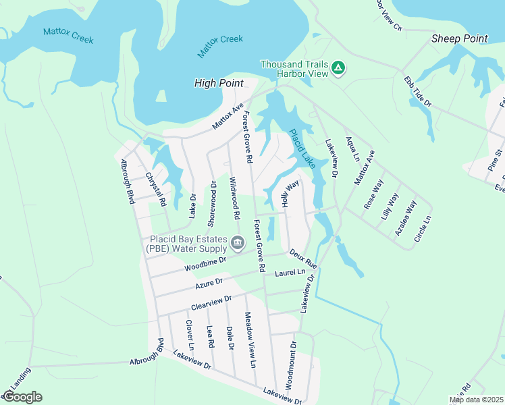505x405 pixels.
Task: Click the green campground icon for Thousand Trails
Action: (x=338, y=67)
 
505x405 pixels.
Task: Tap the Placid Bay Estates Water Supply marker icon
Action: (x=237, y=242)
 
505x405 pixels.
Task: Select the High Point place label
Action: (x=219, y=83)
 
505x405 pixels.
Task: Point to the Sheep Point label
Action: (x=460, y=38)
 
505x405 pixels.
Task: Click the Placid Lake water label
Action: (x=302, y=148)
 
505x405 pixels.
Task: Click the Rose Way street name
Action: (x=373, y=194)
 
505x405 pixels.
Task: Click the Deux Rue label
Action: (x=303, y=257)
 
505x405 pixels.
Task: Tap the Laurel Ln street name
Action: (x=290, y=273)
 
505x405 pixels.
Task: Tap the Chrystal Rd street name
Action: (x=156, y=188)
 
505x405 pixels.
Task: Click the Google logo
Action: (x=22, y=397)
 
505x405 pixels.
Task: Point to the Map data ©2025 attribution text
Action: (x=475, y=400)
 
